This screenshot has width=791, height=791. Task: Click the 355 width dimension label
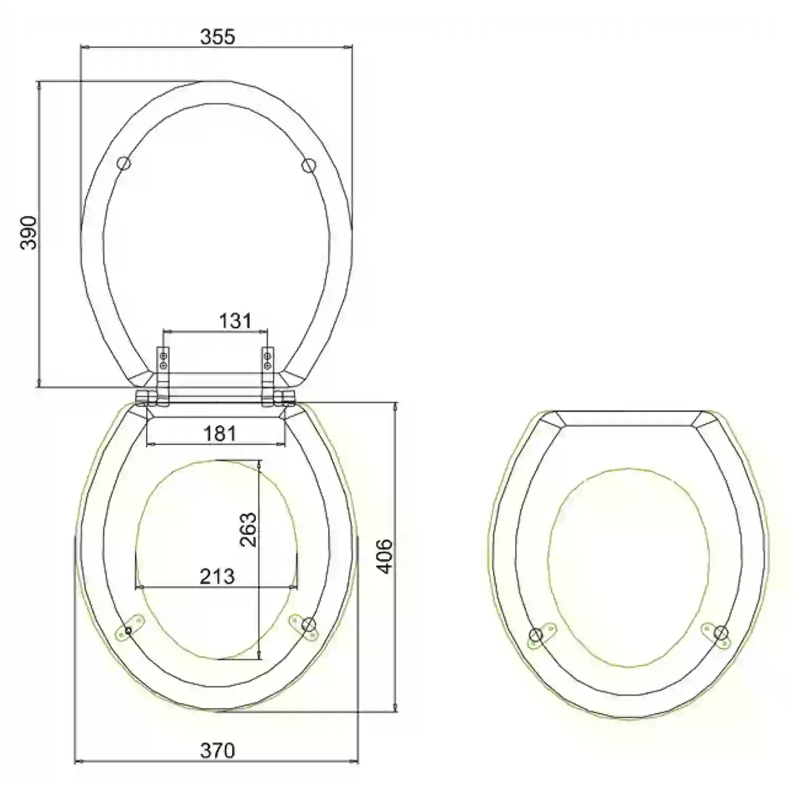tap(217, 37)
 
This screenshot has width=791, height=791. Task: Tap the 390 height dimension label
tap(28, 233)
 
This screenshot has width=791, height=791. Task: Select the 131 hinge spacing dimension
tap(235, 320)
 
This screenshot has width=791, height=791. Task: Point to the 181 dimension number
tap(219, 433)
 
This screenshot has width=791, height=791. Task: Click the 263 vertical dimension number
tap(247, 529)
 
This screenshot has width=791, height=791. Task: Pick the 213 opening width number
tap(217, 576)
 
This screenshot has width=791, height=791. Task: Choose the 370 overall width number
tap(217, 750)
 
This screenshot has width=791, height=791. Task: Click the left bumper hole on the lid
tap(124, 163)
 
